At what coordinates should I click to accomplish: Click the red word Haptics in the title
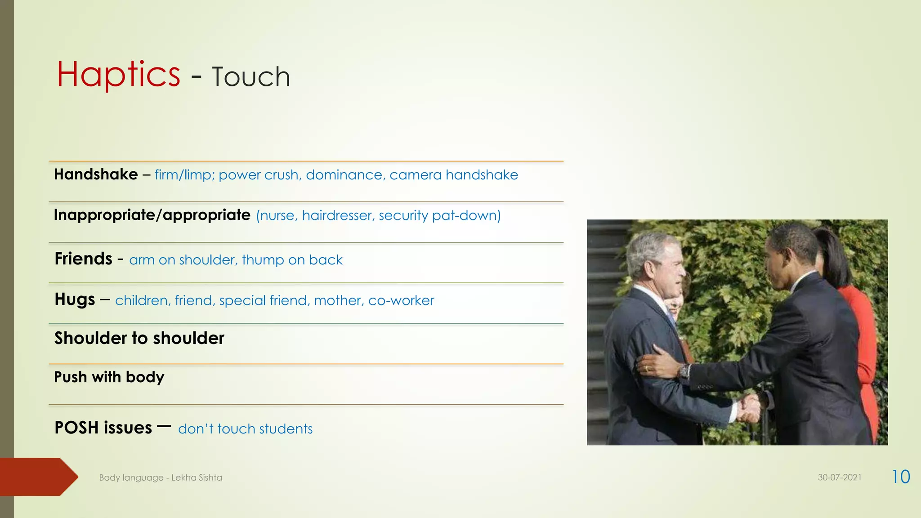tap(118, 74)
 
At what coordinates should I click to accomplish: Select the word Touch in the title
tap(251, 77)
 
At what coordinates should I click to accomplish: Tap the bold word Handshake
tap(96, 174)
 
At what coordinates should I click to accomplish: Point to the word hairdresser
tap(338, 216)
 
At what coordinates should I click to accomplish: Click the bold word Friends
tap(83, 259)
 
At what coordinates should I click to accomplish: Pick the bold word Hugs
tap(75, 299)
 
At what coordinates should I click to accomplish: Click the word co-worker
tap(401, 300)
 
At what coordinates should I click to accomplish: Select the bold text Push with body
tap(109, 377)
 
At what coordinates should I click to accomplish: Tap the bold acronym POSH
tap(76, 428)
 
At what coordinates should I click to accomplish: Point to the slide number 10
tap(901, 477)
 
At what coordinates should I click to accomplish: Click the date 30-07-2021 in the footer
tap(839, 478)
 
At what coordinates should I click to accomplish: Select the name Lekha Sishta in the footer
tap(197, 478)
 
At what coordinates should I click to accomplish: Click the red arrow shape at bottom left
tap(38, 477)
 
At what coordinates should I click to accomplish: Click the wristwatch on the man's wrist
tap(684, 371)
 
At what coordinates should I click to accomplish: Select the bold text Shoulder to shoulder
tap(139, 338)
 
